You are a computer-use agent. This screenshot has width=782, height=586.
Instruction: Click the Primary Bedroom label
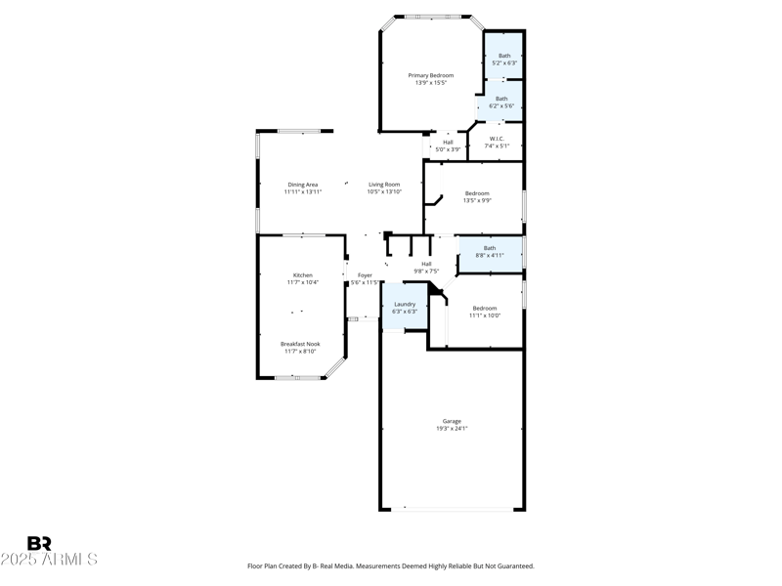click(430, 75)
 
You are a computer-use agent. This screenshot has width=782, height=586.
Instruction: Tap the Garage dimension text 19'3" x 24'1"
click(452, 429)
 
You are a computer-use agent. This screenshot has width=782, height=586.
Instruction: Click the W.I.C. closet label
click(497, 139)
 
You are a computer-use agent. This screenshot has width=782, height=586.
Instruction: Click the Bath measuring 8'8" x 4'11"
click(489, 252)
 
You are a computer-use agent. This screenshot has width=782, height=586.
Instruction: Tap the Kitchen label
click(303, 275)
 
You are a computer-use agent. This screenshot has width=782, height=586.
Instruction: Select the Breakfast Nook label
click(300, 344)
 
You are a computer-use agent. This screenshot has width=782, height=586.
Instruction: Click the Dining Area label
click(303, 185)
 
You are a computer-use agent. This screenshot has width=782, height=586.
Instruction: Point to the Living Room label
click(384, 185)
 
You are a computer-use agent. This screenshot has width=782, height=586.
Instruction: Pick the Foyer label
click(364, 275)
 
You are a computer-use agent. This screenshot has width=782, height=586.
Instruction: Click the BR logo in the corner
click(39, 544)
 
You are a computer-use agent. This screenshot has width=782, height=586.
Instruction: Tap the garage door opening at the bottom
click(452, 508)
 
